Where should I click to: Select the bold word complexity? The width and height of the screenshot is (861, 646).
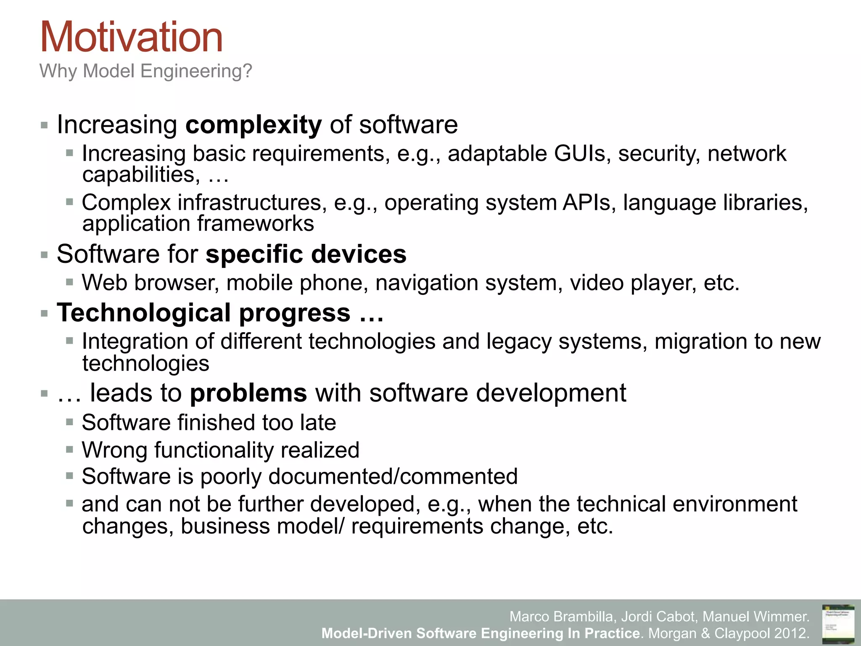tap(254, 125)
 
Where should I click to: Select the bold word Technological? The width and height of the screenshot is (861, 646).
tap(144, 313)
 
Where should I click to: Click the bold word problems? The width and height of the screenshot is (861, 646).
tap(248, 393)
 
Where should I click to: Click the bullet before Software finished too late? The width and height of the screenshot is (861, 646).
tap(70, 422)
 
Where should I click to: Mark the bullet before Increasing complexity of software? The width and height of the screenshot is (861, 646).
tap(44, 125)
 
